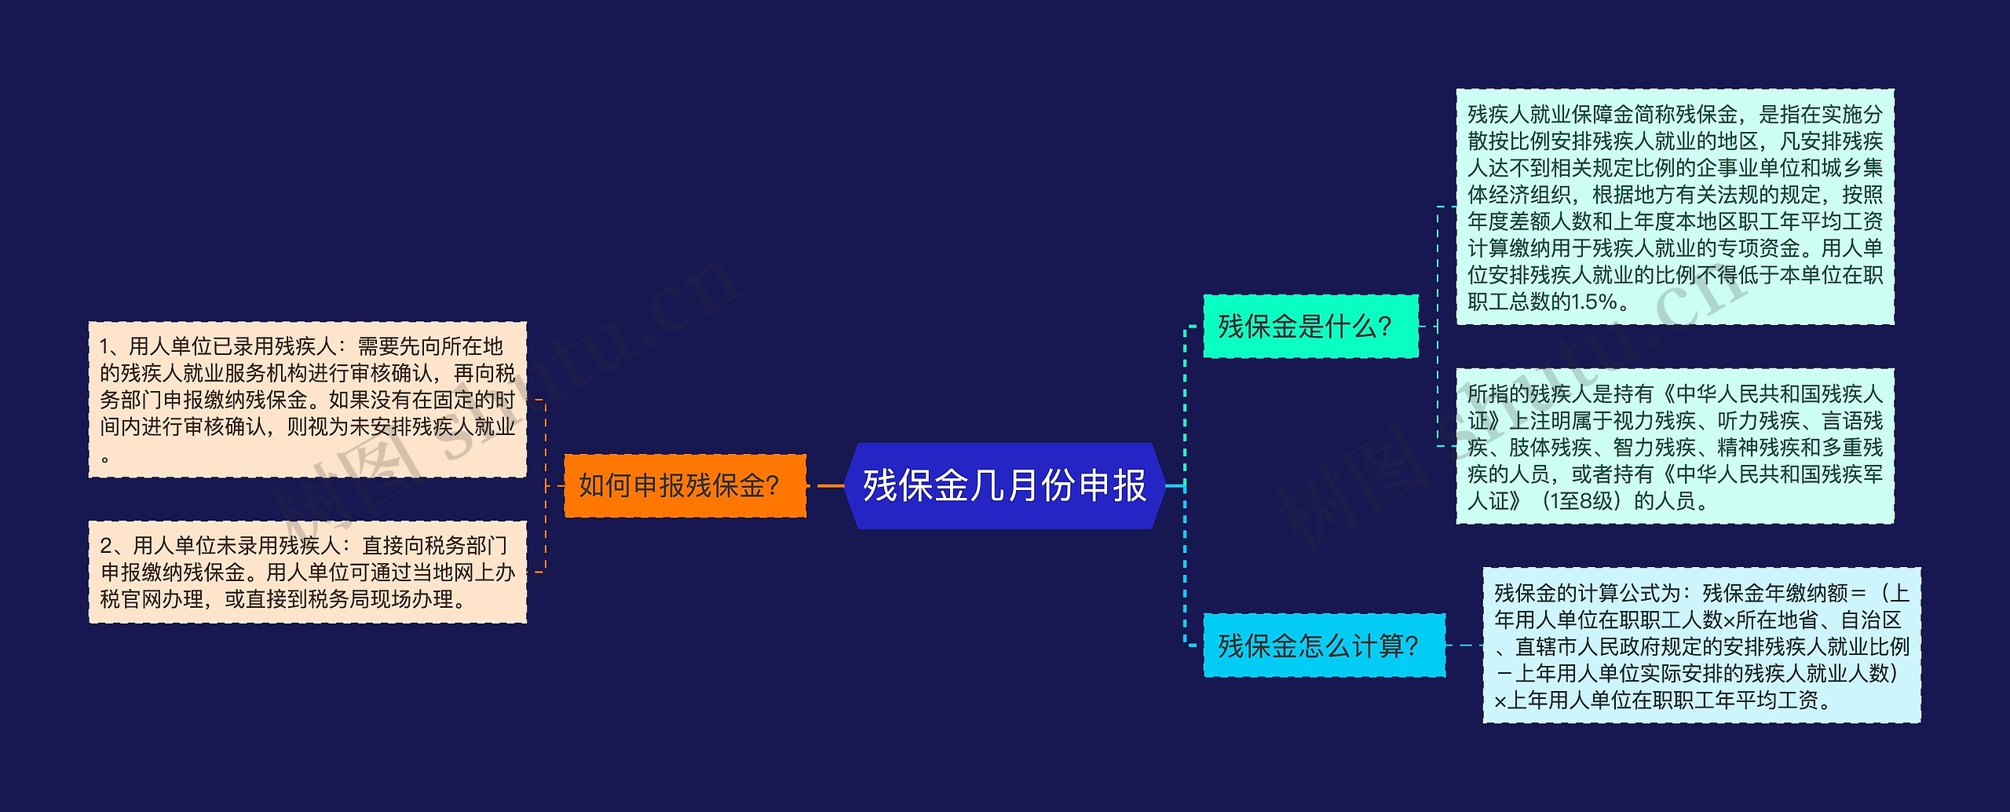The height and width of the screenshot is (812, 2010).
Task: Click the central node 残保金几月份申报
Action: pyautogui.click(x=1004, y=485)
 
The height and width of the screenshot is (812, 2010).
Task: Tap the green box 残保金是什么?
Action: pyautogui.click(x=1310, y=326)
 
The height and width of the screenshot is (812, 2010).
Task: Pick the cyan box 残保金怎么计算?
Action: pyautogui.click(x=1324, y=646)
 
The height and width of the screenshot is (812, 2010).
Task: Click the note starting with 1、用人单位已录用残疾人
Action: pyautogui.click(x=307, y=399)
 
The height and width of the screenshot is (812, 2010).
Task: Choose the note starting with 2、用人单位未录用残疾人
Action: pyautogui.click(x=307, y=572)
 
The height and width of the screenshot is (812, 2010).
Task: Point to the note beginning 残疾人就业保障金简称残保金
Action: pyautogui.click(x=1675, y=207)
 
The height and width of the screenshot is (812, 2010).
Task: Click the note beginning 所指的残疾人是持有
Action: pyautogui.click(x=1675, y=446)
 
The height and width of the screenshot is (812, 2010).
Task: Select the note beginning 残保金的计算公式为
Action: pyautogui.click(x=1701, y=646)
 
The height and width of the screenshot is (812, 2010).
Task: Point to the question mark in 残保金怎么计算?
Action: pyautogui.click(x=1411, y=646)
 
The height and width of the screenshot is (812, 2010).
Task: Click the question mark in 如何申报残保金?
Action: pyautogui.click(x=772, y=486)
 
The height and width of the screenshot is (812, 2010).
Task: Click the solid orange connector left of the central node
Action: pyautogui.click(x=830, y=485)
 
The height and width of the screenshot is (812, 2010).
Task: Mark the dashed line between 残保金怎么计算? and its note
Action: pyautogui.click(x=1464, y=646)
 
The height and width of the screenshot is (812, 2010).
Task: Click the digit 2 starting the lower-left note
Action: pyautogui.click(x=106, y=545)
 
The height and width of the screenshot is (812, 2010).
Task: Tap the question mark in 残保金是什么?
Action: pyautogui.click(x=1384, y=327)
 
